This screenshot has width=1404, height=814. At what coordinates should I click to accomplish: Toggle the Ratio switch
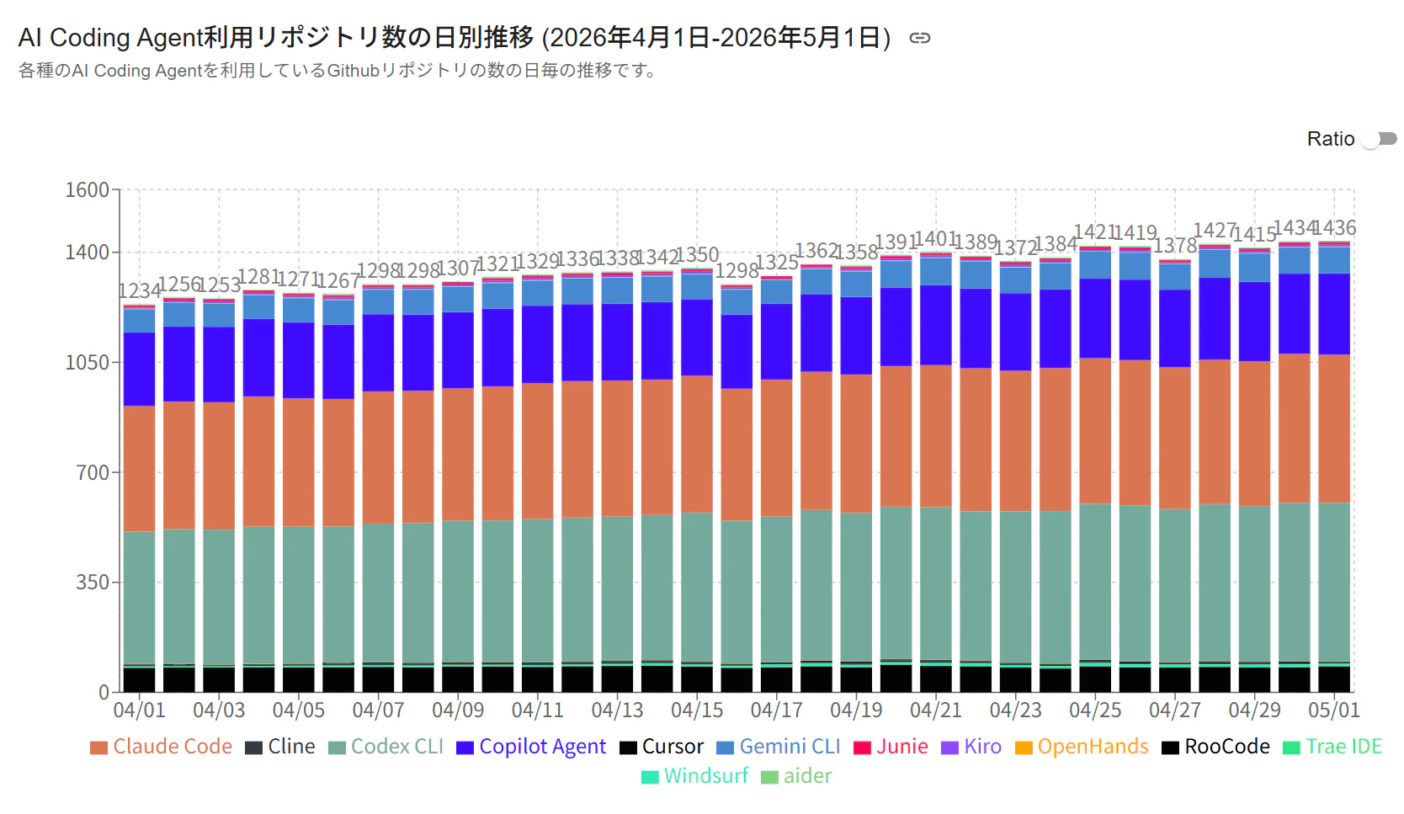1379,139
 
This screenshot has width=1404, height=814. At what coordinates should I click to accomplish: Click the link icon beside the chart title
919,38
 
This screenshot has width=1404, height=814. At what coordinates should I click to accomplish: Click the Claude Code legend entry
161,747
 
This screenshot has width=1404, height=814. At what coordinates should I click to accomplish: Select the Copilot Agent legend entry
531,747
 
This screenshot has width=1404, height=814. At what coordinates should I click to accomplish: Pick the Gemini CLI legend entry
778,747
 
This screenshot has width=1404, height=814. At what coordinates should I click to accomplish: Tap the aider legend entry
796,776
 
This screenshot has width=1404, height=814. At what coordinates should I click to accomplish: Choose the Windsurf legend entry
695,776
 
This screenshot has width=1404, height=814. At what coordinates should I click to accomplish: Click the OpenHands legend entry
1082,747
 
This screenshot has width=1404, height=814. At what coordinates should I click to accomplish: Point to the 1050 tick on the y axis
88,362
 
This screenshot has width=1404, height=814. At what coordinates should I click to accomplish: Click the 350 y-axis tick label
92,583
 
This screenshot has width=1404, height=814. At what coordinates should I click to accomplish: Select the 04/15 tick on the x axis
697,710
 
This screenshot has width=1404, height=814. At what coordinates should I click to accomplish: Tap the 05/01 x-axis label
1334,710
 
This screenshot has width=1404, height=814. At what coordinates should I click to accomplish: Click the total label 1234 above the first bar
139,290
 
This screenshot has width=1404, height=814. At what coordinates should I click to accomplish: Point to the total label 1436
1334,227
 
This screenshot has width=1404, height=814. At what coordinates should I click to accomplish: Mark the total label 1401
936,239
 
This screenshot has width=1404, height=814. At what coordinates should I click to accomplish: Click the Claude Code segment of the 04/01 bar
139,469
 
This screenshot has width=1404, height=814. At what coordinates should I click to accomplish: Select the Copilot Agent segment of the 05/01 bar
1334,314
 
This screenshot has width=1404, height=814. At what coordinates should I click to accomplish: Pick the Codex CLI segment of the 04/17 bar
777,589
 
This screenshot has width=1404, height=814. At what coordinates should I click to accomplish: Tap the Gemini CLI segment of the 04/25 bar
1095,265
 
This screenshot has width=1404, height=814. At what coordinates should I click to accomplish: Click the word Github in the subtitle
354,70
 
